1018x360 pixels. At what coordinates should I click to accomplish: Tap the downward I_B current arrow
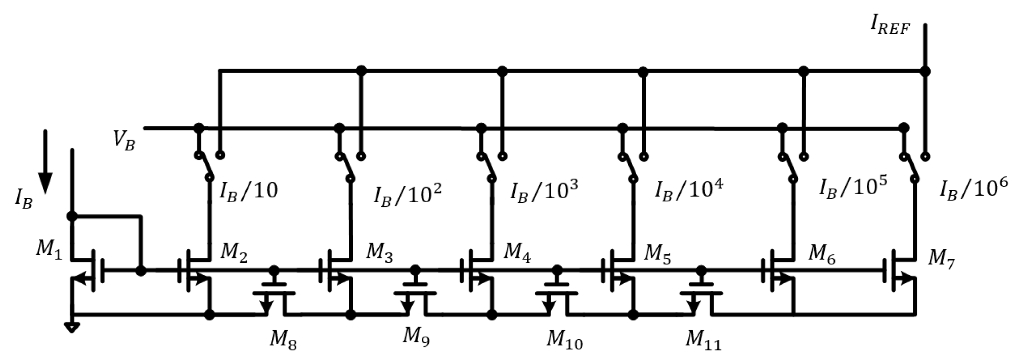pyautogui.click(x=46, y=162)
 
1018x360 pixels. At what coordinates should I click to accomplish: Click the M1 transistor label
pyautogui.click(x=50, y=251)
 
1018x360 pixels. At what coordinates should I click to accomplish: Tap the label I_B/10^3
pyautogui.click(x=544, y=191)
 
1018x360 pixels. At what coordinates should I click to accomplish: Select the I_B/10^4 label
pyautogui.click(x=689, y=191)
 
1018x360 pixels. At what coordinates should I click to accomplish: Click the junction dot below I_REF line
pyautogui.click(x=925, y=71)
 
